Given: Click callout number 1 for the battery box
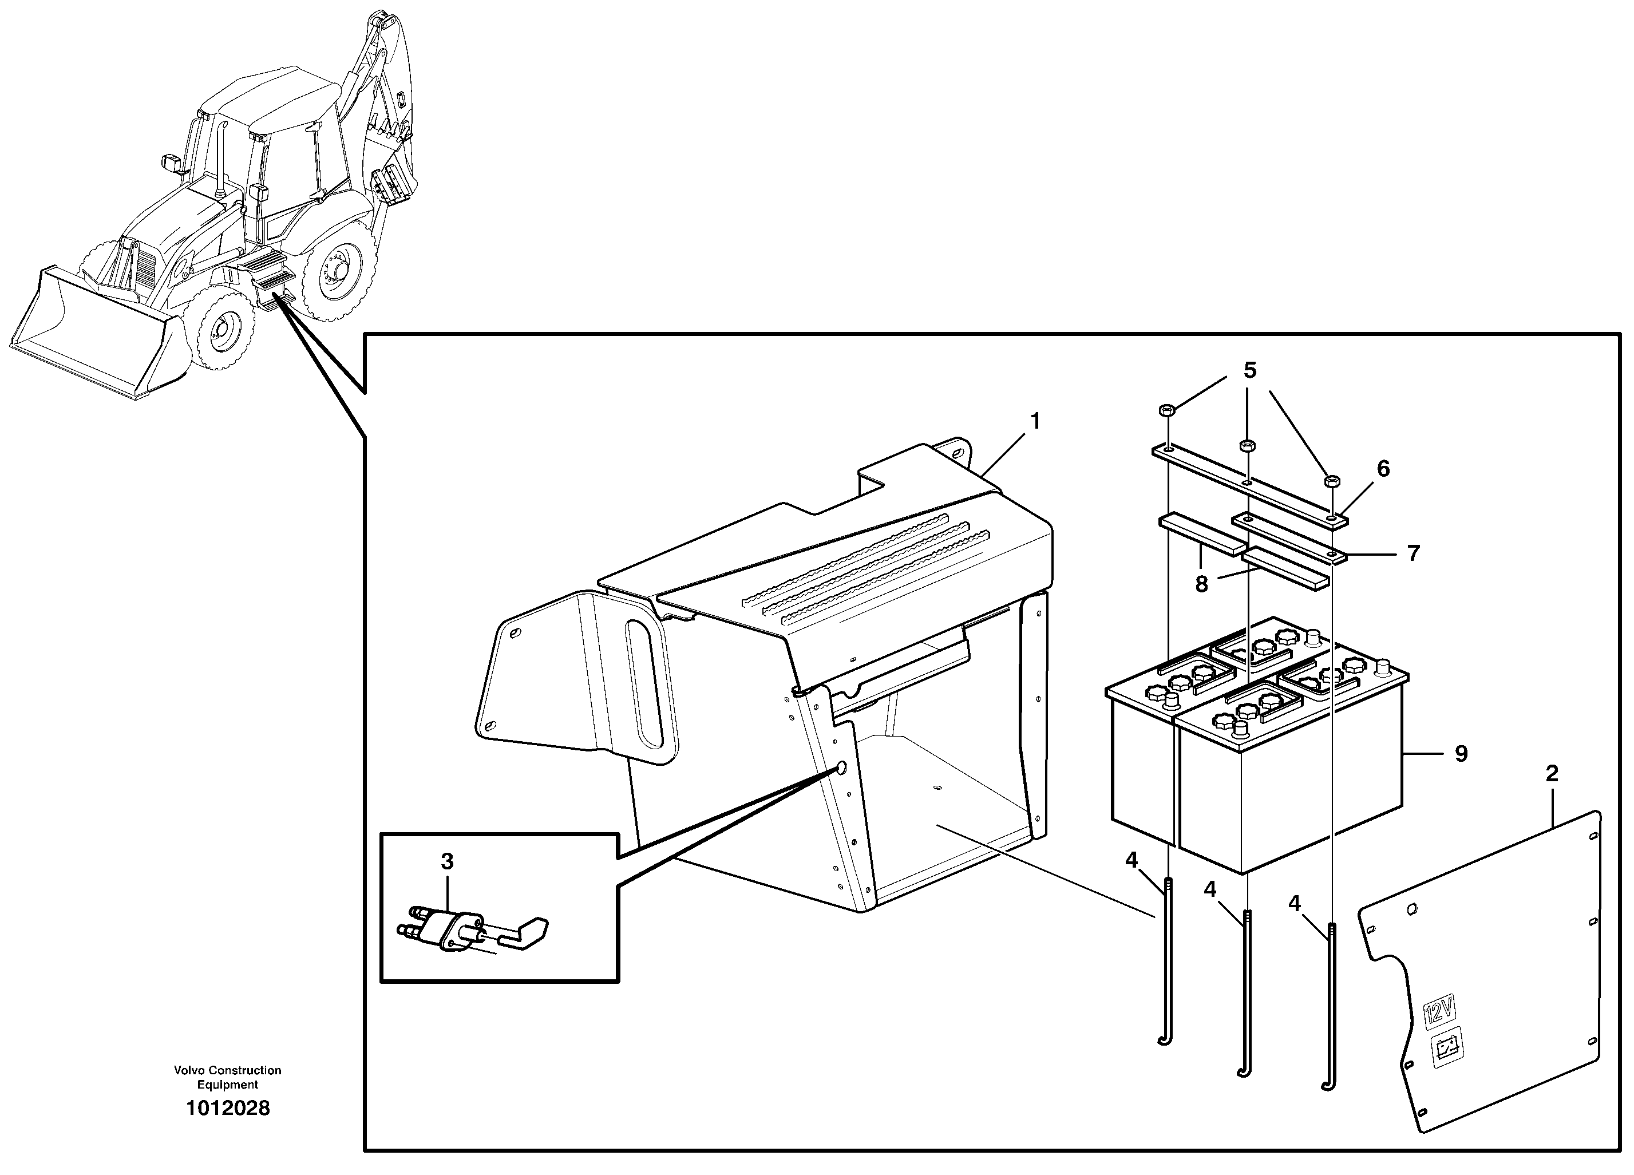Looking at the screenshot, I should pos(1035,421).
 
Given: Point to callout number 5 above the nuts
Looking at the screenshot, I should pos(1250,370).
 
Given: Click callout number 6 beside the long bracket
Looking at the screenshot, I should pos(1383,469).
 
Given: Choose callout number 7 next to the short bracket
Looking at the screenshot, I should pos(1414,553).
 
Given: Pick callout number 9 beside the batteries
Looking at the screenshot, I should pos(1461,754).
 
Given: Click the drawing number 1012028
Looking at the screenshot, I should pos(228,1108).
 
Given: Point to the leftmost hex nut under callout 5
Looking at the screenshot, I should pos(1167,410).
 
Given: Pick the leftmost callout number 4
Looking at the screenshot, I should pos(1131,860).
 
